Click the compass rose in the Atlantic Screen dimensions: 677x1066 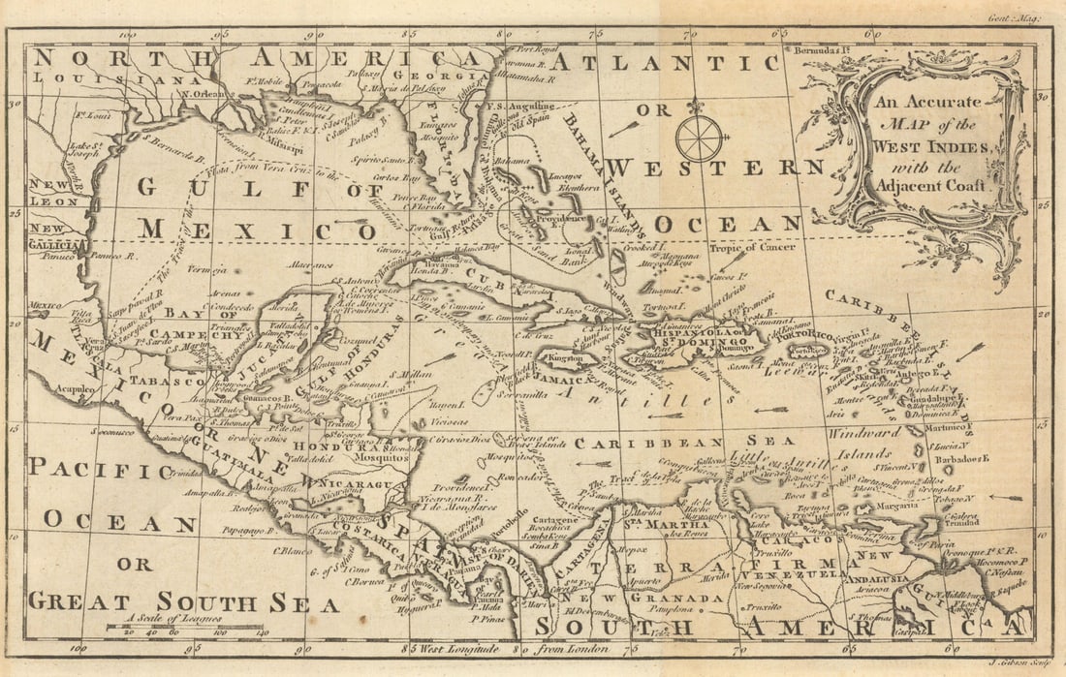pos(699,138)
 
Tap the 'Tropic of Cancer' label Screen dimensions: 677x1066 pos(752,247)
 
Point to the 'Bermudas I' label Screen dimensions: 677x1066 pos(823,49)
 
